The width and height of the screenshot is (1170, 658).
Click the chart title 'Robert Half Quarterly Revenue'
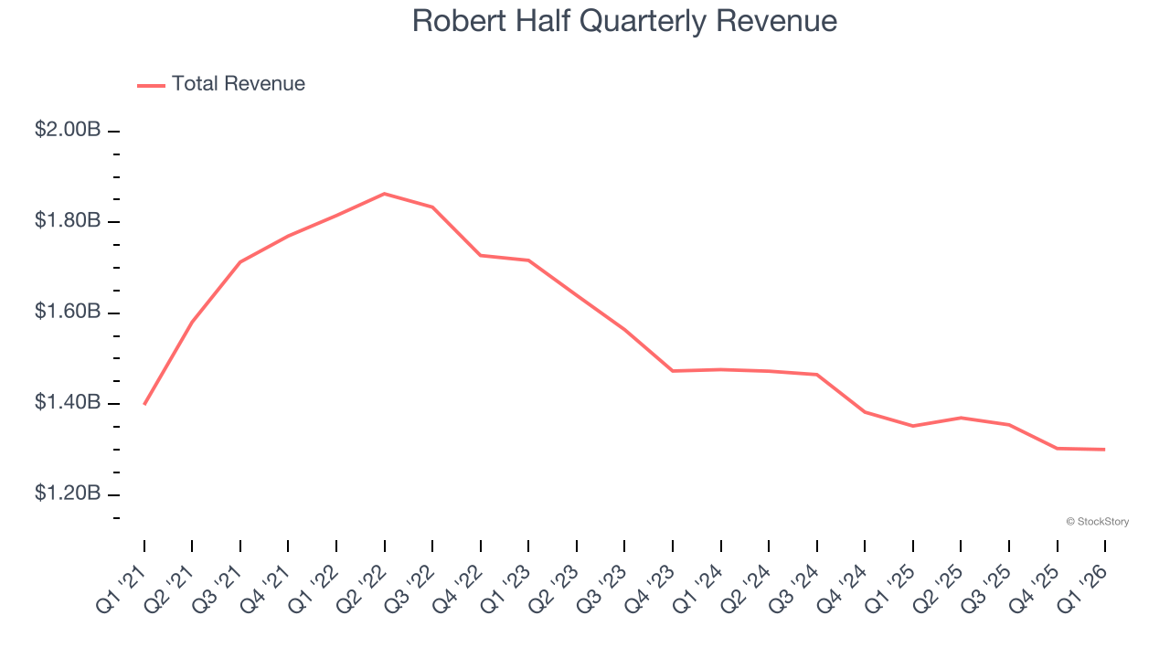624,20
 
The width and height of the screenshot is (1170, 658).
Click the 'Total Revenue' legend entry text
239,84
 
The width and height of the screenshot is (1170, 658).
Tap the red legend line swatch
151,85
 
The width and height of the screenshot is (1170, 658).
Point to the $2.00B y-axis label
68,130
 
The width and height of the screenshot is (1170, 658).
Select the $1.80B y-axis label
68,221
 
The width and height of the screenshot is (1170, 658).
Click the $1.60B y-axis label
68,312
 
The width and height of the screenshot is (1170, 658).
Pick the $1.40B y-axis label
68,403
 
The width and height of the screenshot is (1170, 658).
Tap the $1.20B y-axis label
68,493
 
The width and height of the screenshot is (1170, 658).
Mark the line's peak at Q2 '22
384,194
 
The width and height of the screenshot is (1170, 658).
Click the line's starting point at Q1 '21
144,404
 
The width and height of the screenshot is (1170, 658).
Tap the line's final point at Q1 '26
1104,450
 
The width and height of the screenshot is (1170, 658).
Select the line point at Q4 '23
673,371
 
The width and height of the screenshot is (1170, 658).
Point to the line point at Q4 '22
481,255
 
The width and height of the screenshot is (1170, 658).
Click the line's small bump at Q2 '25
961,418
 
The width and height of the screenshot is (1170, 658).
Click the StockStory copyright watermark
1097,522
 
